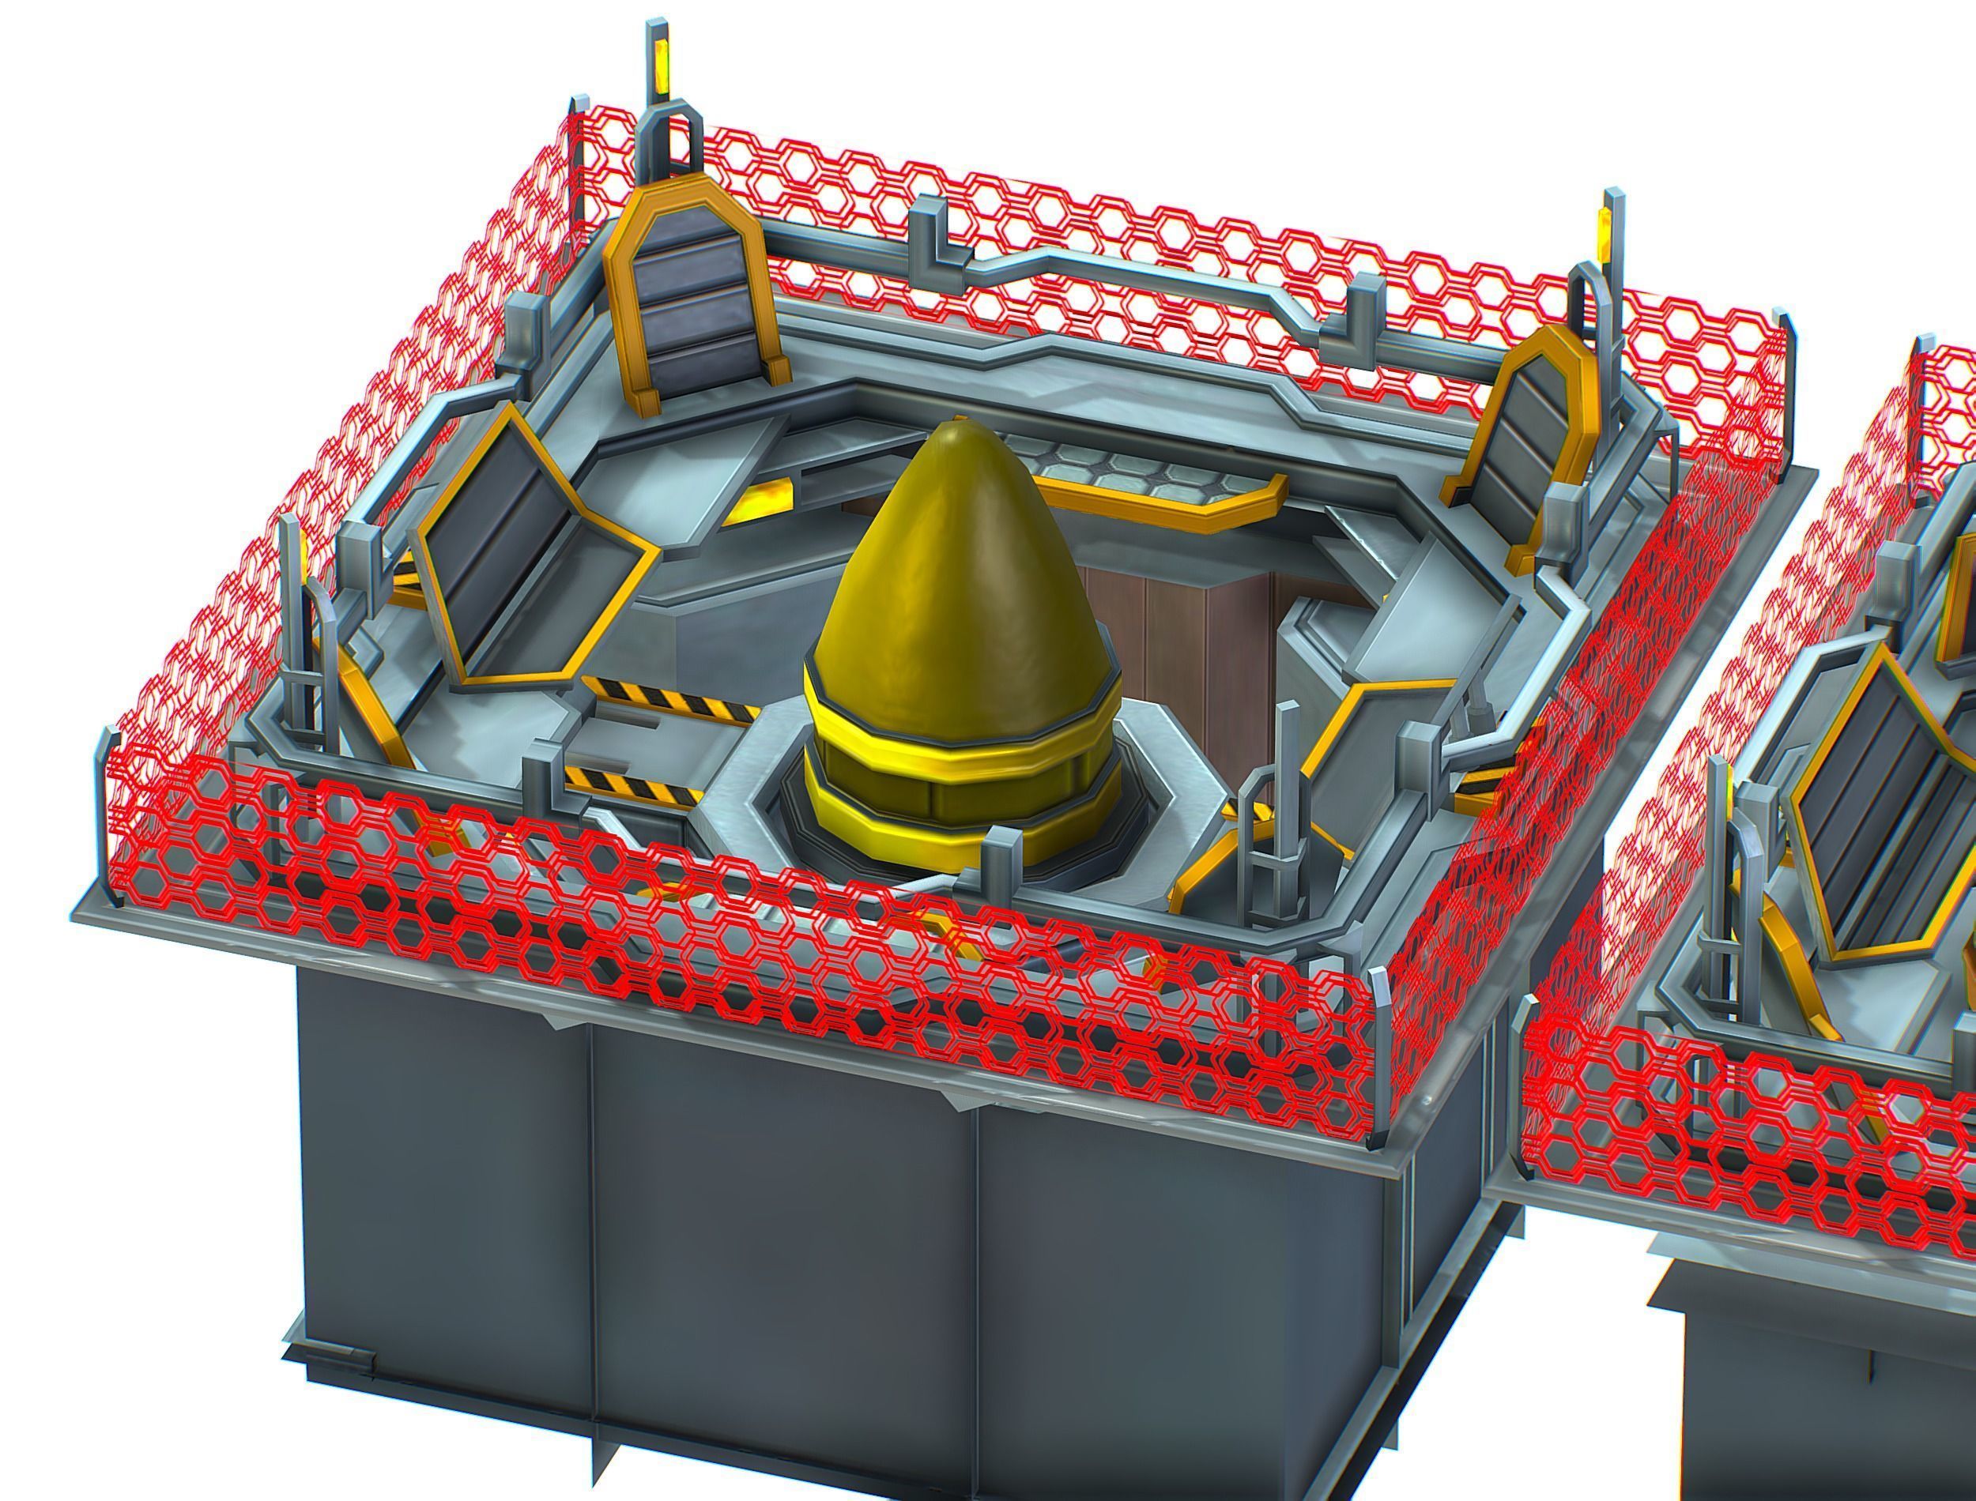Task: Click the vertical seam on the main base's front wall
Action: pos(590,1251)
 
